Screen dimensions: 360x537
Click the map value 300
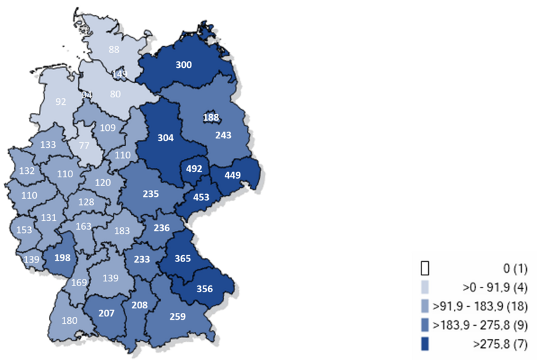tap(183, 65)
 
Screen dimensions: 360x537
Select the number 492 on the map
tap(194, 169)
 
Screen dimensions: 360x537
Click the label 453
tap(201, 197)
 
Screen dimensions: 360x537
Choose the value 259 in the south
tap(177, 315)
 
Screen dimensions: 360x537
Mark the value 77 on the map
tap(83, 144)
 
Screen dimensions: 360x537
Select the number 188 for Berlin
tap(211, 118)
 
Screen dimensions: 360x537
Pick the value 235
tap(151, 193)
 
